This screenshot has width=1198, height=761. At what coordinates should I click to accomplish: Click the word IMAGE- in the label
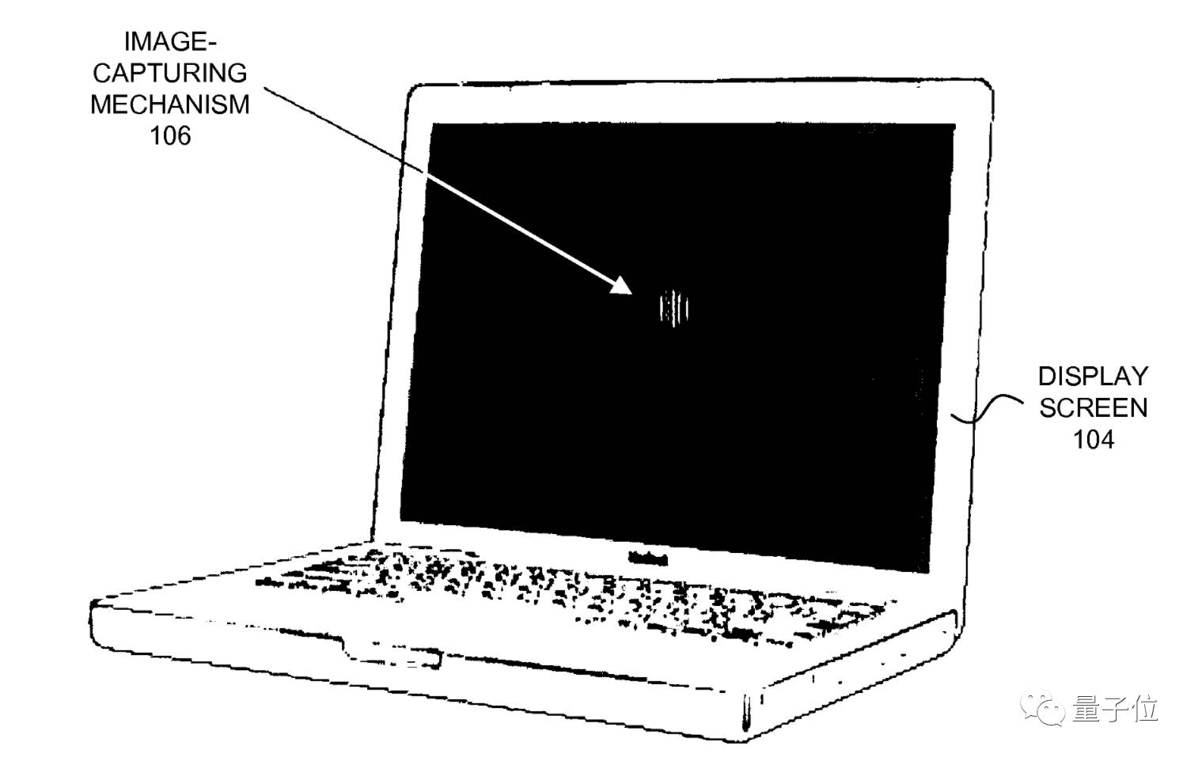click(169, 41)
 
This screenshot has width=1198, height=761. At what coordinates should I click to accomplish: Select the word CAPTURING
click(169, 73)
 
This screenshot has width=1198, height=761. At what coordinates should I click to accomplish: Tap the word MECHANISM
click(169, 104)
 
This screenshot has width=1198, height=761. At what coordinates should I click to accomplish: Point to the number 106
click(170, 136)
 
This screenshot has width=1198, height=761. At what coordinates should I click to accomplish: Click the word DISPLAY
click(1093, 376)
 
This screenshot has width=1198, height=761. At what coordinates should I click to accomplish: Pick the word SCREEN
click(1093, 407)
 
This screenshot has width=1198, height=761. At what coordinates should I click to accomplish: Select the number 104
click(1093, 439)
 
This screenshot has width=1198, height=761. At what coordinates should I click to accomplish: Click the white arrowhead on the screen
click(621, 286)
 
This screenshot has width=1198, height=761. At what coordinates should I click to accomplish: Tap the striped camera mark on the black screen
click(674, 308)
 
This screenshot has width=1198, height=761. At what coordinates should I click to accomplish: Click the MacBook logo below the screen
click(647, 558)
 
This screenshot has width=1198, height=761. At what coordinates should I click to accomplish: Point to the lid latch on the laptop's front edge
click(392, 656)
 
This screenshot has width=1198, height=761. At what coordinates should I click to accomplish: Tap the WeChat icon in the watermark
click(1043, 710)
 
